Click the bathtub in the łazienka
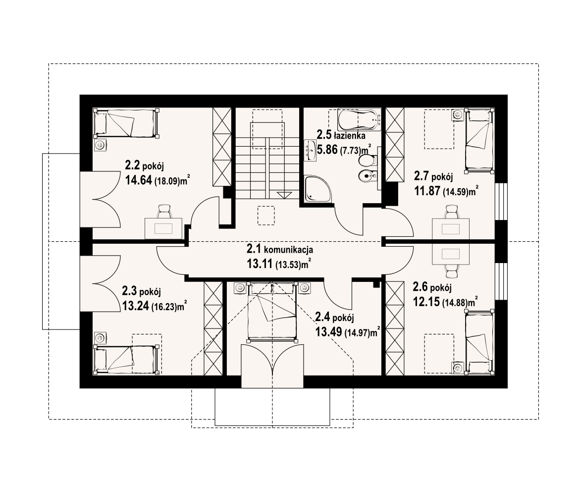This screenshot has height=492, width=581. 360,119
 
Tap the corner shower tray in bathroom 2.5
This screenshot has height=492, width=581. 318,189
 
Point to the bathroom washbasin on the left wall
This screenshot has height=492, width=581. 311,151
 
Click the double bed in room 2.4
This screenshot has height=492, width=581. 272,312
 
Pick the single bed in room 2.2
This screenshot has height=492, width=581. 126,123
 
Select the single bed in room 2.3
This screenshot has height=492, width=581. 126,359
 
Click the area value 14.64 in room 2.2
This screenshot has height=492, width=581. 139,180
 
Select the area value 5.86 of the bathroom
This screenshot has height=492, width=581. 327,150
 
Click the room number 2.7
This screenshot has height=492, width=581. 422,175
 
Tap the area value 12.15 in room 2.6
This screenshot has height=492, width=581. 426,302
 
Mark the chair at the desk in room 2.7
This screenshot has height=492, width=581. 451,212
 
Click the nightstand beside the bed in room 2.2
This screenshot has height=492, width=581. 100,145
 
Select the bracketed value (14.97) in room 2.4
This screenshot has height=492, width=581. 358,332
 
